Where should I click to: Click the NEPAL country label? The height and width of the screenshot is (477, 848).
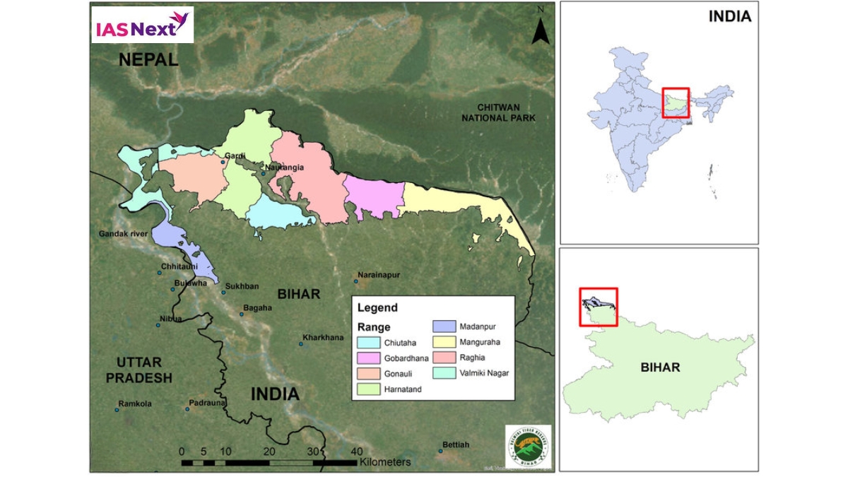[x=148, y=59]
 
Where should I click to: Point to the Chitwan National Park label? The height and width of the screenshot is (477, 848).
[x=498, y=112]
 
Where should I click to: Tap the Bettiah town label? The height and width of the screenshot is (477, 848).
[x=455, y=444]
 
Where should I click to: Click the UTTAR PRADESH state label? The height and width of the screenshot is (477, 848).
[x=139, y=370]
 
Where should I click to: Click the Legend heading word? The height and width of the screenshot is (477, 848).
[x=377, y=307]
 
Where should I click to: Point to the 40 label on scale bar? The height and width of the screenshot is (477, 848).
[x=356, y=452]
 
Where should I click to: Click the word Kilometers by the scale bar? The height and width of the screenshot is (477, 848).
[x=384, y=462]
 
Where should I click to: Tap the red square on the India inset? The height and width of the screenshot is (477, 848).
[x=676, y=102]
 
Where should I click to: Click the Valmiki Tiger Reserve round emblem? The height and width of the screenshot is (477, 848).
[x=528, y=445]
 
